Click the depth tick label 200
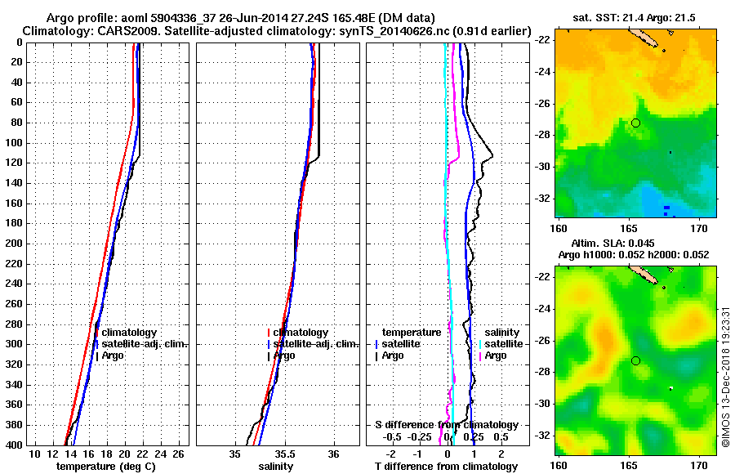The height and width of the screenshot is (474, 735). pos(14,244)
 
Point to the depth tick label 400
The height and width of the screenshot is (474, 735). pos(14,445)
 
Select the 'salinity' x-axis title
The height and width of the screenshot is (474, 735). pos(277,467)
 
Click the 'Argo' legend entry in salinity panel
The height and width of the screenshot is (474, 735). pos(285,355)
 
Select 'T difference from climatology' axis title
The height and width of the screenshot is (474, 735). pos(446,467)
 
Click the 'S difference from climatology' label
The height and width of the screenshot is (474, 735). pos(446,425)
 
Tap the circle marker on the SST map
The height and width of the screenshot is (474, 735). pos(635,123)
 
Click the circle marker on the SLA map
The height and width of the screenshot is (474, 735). pos(635,360)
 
